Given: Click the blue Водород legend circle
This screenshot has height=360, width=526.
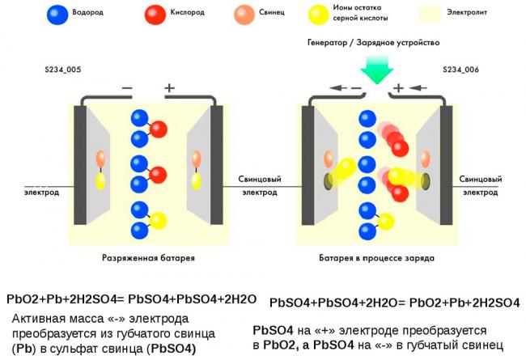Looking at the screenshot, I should pos(57,14).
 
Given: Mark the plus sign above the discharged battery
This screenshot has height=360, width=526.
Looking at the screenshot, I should pos(169,88).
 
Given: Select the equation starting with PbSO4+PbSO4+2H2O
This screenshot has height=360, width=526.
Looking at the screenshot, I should pos(394,303).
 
